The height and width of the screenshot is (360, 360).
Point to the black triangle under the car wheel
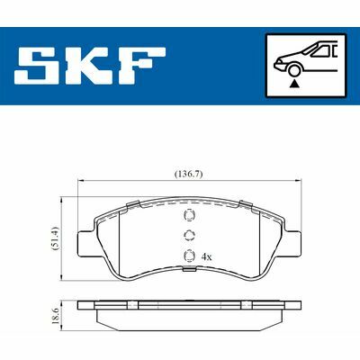tap(295, 82)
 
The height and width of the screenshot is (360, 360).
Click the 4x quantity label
tap(206, 256)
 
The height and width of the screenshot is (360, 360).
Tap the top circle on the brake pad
tap(187, 216)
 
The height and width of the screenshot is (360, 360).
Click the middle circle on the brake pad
tap(187, 236)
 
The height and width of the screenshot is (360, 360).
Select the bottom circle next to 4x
tap(187, 256)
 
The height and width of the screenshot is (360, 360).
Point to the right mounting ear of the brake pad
tap(294, 242)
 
